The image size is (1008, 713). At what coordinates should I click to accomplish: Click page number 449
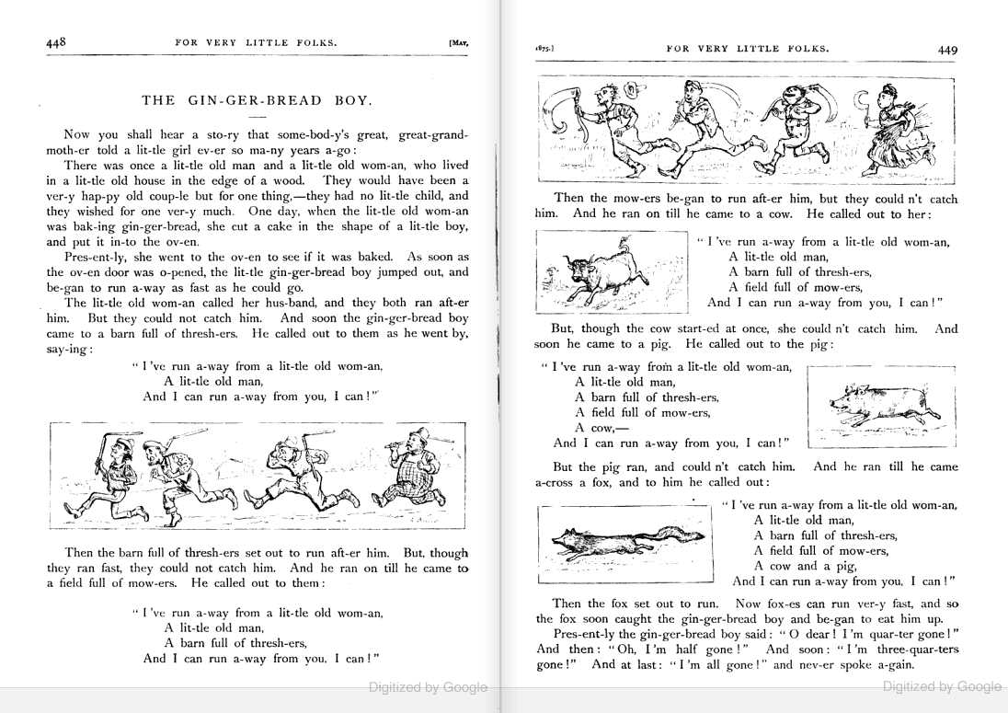947,51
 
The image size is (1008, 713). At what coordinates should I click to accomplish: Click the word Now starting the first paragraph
78,134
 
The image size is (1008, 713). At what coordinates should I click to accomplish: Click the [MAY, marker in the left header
457,43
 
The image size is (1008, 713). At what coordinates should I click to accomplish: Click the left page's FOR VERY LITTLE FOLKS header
256,42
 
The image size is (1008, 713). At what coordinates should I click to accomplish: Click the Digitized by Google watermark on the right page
941,686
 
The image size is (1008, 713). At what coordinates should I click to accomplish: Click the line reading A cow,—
593,428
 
